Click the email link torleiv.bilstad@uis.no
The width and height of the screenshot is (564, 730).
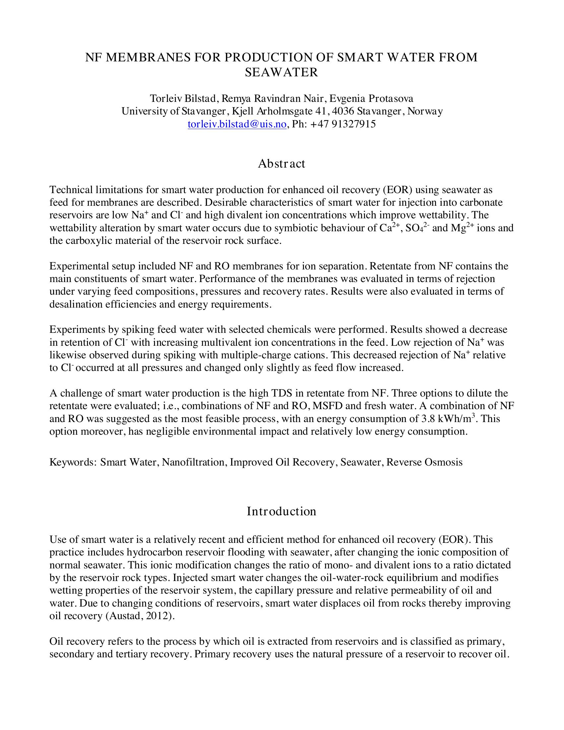[x=237, y=124]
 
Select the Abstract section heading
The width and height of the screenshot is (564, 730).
[x=281, y=164]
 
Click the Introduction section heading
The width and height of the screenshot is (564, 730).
[x=281, y=511]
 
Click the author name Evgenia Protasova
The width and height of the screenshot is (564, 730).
[x=371, y=99]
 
